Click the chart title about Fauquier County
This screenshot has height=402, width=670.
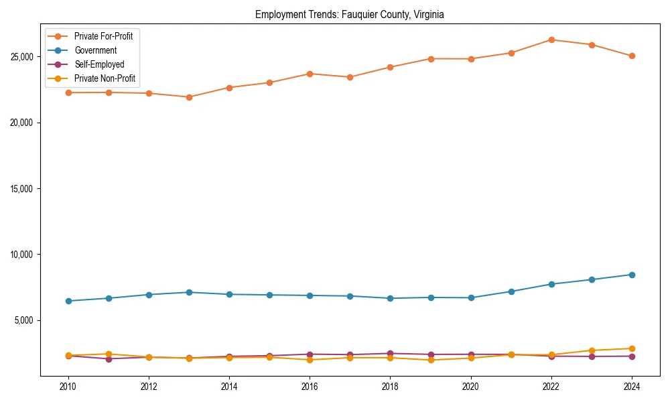(x=349, y=14)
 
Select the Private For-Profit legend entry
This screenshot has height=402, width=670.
(x=103, y=36)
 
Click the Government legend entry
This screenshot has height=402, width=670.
(x=95, y=50)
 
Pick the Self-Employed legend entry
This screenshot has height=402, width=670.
(x=98, y=64)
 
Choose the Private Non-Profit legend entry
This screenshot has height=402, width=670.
(x=105, y=78)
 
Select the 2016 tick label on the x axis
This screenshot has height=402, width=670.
(x=310, y=387)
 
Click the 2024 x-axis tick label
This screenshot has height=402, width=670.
(x=631, y=387)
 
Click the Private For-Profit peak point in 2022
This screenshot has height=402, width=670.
(x=551, y=40)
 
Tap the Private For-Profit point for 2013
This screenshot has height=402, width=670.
(x=189, y=97)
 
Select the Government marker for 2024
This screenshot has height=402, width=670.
(x=631, y=275)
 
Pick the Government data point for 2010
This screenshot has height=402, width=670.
(x=68, y=301)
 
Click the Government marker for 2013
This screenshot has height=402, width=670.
(x=189, y=292)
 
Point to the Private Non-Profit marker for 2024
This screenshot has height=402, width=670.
(x=631, y=348)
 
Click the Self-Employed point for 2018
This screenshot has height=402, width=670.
(x=390, y=353)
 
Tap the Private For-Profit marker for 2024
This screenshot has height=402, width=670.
(x=631, y=56)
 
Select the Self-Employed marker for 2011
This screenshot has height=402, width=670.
(x=109, y=358)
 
